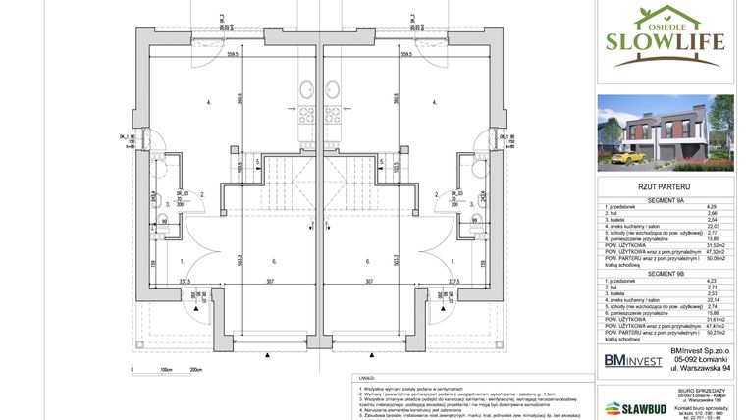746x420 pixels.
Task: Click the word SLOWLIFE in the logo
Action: tap(666, 41)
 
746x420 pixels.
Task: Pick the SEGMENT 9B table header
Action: tap(667, 273)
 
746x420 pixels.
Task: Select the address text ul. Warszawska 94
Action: tap(701, 368)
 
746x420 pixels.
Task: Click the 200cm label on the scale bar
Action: tap(195, 371)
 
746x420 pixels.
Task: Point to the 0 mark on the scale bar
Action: tap(132, 371)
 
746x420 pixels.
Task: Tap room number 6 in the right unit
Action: tap(367, 261)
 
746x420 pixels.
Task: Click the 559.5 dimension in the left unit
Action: tap(232, 55)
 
